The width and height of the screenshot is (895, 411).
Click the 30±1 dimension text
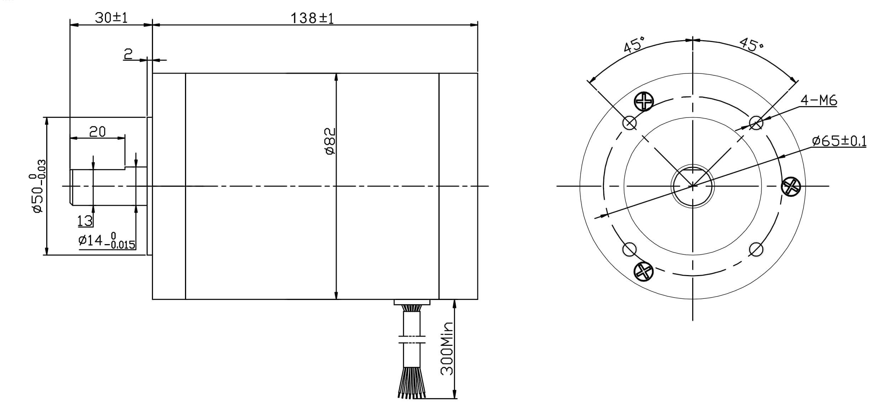click(x=111, y=18)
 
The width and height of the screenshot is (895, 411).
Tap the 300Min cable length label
click(x=447, y=349)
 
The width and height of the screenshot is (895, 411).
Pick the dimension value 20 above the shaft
click(x=97, y=132)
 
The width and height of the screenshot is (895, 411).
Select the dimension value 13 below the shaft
click(x=85, y=221)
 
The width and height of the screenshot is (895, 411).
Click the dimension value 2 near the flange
click(x=128, y=54)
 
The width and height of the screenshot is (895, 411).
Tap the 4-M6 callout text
click(x=819, y=101)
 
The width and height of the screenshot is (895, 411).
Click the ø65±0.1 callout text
click(x=839, y=141)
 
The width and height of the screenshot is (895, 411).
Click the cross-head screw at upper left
click(x=644, y=101)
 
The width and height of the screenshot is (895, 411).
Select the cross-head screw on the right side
click(x=790, y=186)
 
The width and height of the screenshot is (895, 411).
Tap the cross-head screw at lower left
click(x=644, y=271)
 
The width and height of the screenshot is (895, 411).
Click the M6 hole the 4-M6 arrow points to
click(x=756, y=123)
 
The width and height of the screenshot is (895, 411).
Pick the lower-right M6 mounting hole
click(x=756, y=249)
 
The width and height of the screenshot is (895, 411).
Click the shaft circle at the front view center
click(x=693, y=186)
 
